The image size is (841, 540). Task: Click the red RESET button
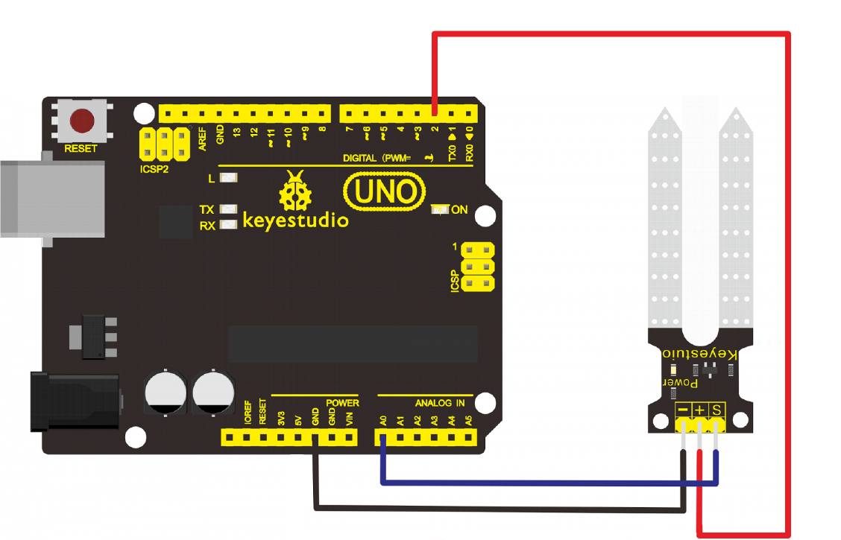pos(81,120)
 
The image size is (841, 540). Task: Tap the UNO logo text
pos(385,191)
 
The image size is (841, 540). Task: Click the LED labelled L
pos(230,179)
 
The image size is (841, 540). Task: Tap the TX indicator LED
pos(230,210)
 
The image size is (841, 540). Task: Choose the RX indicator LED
pos(230,224)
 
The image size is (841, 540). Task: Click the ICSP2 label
pos(154,168)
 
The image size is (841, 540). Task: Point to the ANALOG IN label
pos(440,403)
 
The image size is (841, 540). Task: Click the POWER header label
pos(342,403)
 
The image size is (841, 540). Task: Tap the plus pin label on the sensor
pos(699,410)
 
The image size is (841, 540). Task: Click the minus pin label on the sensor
pos(682,410)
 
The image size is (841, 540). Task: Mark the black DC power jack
pos(75,401)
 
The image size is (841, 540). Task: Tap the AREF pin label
pos(202,139)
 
